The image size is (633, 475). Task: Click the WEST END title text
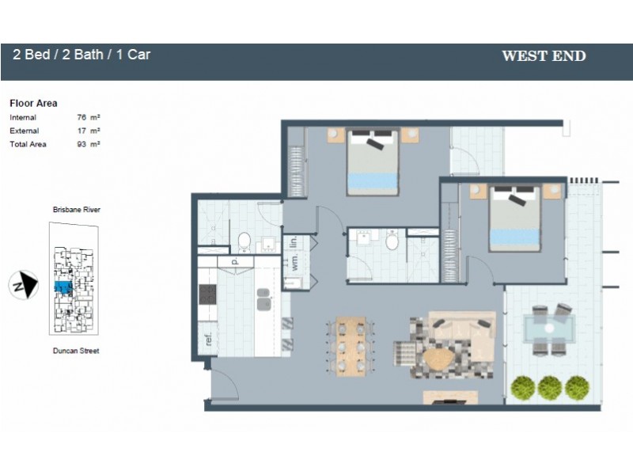coord(544,56)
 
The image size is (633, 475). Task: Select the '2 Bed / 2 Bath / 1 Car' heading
coord(81,55)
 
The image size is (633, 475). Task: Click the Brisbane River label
coord(76,210)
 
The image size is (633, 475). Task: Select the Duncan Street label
coord(76,350)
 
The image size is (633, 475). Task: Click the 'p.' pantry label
coord(235,260)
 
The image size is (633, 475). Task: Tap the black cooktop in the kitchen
coord(207,294)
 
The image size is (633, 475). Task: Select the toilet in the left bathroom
coord(244,241)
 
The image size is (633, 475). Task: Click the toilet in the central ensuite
coord(392,241)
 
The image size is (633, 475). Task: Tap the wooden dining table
coord(350,346)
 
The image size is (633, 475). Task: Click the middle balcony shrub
coord(548,387)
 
